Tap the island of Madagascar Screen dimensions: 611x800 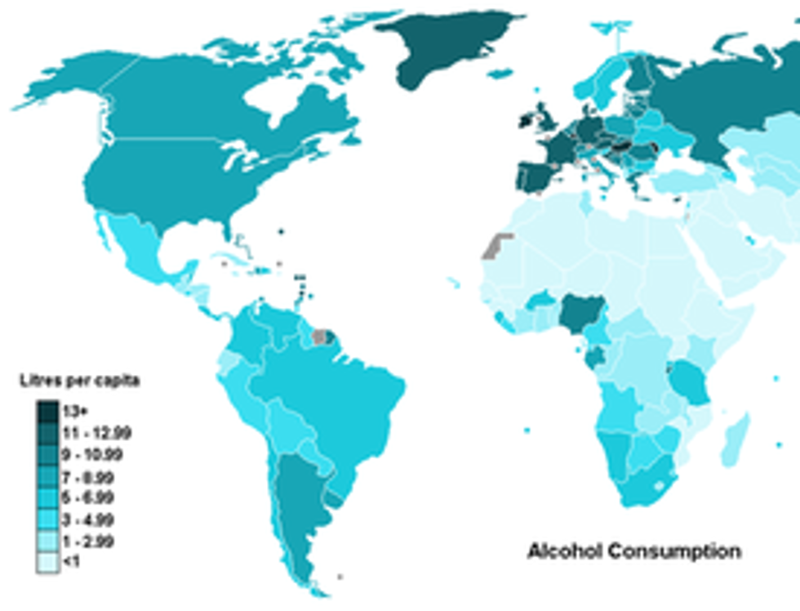point(735,441)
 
